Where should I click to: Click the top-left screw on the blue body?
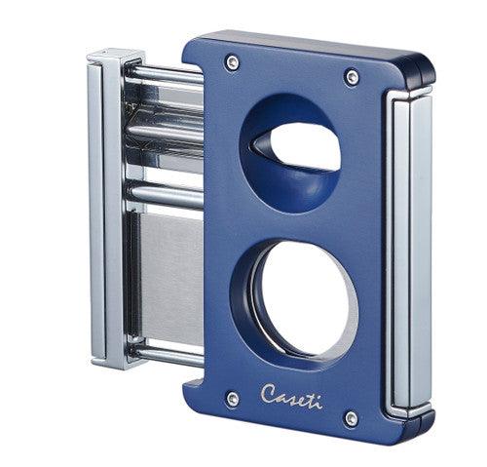tap(232, 62)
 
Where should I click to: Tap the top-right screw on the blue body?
tap(352, 76)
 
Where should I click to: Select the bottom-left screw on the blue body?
tap(232, 398)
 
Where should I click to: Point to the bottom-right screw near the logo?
tap(351, 418)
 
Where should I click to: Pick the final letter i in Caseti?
tap(318, 401)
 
